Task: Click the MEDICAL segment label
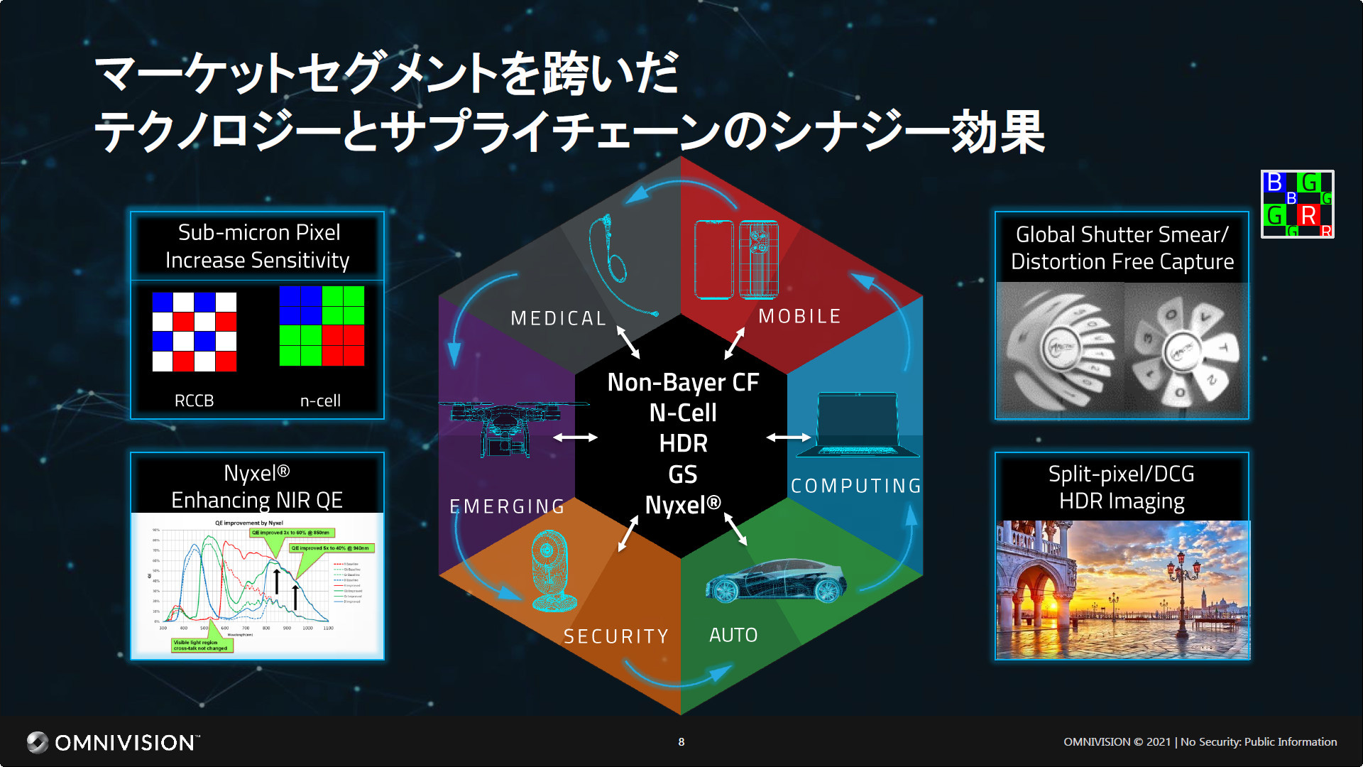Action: (558, 318)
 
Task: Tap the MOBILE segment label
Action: (799, 316)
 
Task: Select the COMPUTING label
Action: (856, 486)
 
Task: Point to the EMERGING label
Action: (508, 506)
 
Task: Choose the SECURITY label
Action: (616, 636)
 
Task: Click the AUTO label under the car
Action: (733, 635)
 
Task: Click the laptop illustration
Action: (858, 425)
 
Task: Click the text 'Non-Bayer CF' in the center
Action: (683, 383)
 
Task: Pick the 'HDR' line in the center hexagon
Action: (683, 444)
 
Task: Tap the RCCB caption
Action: (194, 401)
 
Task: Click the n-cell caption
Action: (320, 401)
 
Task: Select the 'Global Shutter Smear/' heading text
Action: (1122, 234)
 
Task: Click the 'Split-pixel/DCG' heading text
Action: (1122, 474)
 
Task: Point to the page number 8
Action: (681, 742)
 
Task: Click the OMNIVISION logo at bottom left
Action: (114, 742)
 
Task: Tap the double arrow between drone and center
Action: (575, 437)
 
